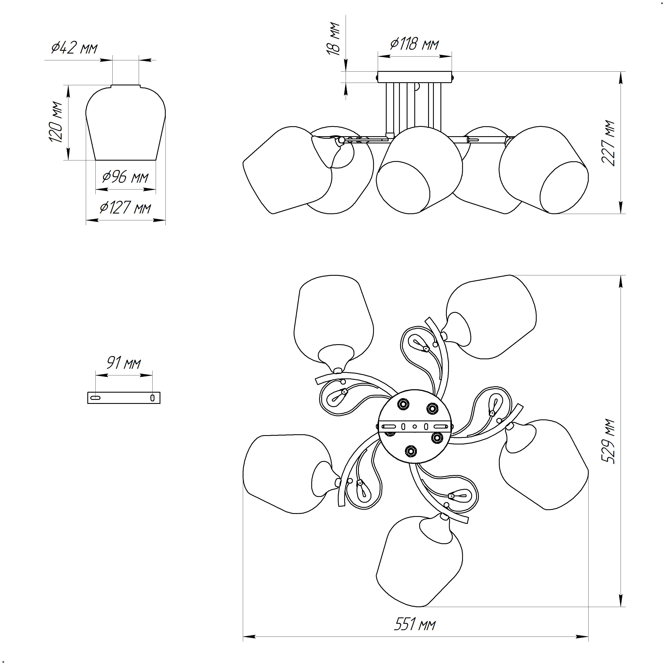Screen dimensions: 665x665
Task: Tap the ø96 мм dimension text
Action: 126,177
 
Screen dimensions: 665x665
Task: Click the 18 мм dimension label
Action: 333,39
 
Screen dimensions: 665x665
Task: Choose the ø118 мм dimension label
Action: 415,44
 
